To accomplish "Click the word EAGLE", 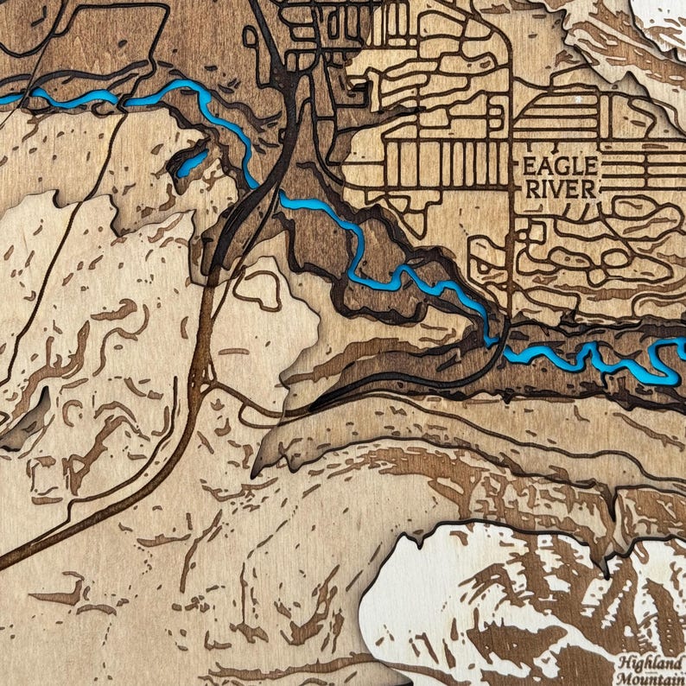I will click(x=558, y=166).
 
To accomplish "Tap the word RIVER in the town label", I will click(x=558, y=188).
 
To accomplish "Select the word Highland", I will click(x=651, y=663).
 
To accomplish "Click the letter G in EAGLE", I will click(x=559, y=166).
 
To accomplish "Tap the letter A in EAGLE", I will click(x=541, y=166).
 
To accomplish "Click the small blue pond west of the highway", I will click(x=191, y=163).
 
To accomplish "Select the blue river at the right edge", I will click(x=674, y=348).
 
